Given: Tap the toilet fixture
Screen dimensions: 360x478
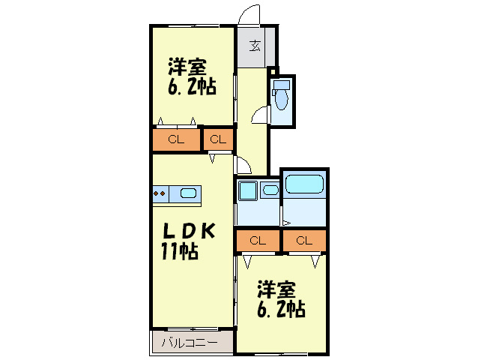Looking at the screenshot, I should tap(281, 95).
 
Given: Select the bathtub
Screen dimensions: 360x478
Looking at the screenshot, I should tap(303, 184).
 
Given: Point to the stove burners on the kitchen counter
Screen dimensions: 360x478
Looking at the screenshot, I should tap(160, 194).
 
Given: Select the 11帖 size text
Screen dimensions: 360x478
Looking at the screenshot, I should tap(180, 252).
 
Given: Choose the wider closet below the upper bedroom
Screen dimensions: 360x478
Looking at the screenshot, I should tap(176, 139).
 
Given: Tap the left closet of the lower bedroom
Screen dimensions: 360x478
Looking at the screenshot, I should tap(258, 241).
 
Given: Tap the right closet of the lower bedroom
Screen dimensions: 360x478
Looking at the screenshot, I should tap(303, 241).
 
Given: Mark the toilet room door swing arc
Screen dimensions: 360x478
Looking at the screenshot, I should tap(258, 114).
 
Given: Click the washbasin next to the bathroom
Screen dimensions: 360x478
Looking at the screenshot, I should tap(270, 190).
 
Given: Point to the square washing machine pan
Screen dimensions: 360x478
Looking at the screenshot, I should tap(246, 190).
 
